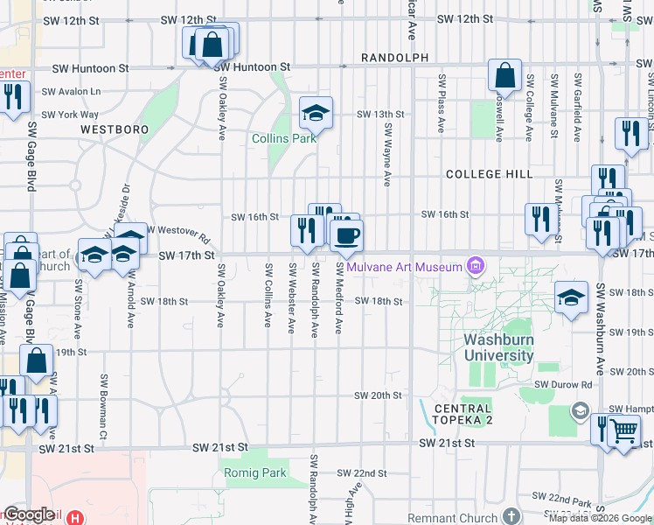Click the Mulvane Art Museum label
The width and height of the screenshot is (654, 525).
click(404, 266)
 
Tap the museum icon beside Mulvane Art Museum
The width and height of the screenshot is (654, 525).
click(476, 264)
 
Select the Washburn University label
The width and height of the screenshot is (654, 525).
click(498, 347)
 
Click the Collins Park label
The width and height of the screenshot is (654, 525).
click(284, 138)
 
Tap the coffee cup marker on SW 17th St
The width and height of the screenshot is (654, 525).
click(346, 235)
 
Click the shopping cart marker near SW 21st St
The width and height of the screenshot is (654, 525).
click(623, 430)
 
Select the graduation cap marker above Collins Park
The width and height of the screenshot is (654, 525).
click(316, 113)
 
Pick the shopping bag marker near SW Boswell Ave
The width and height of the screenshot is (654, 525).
click(504, 75)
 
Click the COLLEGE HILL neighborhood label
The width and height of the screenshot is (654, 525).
click(489, 174)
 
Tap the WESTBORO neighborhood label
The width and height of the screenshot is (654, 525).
click(115, 129)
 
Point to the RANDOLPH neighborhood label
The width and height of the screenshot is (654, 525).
click(395, 58)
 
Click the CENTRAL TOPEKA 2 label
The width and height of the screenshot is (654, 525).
click(463, 416)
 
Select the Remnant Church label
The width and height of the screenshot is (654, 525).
click(450, 518)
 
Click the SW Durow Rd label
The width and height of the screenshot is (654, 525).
click(564, 384)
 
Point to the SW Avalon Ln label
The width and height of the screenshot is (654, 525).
click(71, 91)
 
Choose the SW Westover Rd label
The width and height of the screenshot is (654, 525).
click(178, 234)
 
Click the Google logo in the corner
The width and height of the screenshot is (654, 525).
click(30, 515)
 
